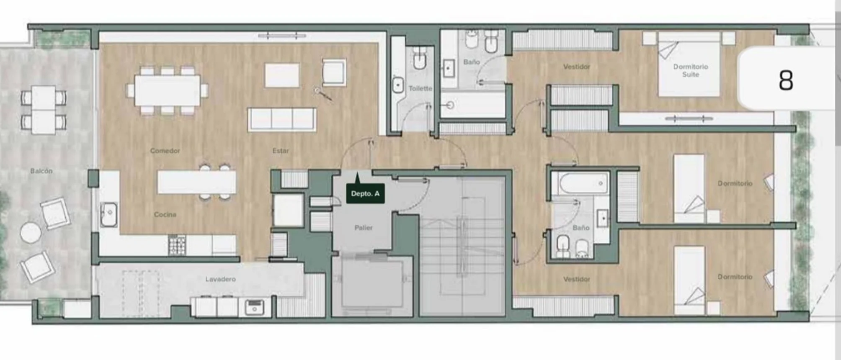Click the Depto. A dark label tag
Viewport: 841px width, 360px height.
tap(365, 193)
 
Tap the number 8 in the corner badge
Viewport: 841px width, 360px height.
tap(786, 80)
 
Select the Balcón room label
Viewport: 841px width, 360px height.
tap(41, 171)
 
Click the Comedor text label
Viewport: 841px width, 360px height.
tap(165, 150)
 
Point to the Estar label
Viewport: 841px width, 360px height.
tap(281, 151)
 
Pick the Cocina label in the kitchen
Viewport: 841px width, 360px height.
tap(165, 214)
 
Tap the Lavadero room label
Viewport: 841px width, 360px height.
tap(220, 279)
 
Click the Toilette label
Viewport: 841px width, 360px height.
tap(420, 88)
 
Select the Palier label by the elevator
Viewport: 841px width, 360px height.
tap(363, 228)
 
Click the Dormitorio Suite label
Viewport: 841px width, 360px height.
tap(691, 70)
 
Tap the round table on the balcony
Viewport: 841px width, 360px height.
tap(31, 233)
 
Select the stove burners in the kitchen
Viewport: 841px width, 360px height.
tap(177, 245)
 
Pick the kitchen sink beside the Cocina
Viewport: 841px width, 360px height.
tap(109, 215)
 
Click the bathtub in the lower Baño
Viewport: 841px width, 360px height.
tap(580, 183)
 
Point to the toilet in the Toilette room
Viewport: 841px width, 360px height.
tap(420, 58)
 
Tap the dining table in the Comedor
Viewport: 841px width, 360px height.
tap(167, 90)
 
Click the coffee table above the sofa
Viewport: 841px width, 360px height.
tap(282, 75)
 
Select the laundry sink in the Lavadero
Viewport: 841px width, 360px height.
tap(254, 308)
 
